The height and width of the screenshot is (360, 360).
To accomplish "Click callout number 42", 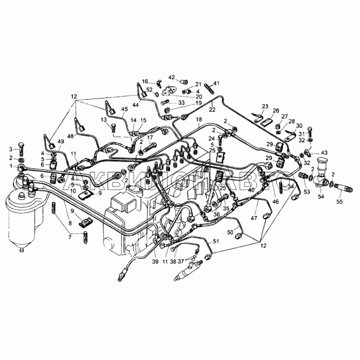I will (x=171, y=77).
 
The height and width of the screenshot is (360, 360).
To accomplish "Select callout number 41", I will (x=216, y=83).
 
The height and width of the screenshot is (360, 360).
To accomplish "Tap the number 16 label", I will (x=145, y=81).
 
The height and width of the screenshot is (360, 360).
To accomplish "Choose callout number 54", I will (x=321, y=196).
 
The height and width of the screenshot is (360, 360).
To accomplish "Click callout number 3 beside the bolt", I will (x=10, y=149).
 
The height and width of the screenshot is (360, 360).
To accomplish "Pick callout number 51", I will (x=216, y=242).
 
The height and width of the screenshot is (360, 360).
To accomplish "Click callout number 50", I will (x=230, y=232).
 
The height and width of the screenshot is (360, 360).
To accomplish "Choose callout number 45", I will (x=124, y=109).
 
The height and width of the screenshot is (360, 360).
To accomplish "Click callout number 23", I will (x=265, y=106).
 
